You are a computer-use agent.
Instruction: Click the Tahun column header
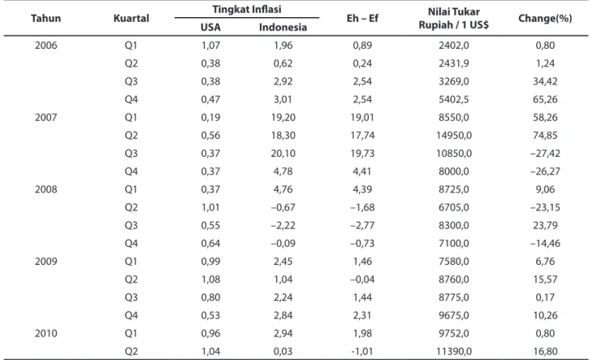point(45,18)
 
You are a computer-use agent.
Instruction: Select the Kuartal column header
point(131,18)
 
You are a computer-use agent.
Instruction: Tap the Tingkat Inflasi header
point(247,9)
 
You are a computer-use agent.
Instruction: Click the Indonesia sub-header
point(283,27)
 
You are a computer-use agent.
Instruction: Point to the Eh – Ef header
point(362,18)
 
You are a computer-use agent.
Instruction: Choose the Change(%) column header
point(545,18)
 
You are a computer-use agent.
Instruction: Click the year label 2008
point(46,189)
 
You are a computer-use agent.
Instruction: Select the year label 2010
point(46,333)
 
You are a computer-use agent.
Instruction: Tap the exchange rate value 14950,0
point(454,135)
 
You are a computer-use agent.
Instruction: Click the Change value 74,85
point(545,135)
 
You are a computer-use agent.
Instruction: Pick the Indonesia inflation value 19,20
point(283,117)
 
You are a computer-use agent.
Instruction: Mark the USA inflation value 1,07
point(210,46)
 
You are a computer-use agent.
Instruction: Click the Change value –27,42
point(545,154)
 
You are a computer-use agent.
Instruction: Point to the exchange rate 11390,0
point(454,351)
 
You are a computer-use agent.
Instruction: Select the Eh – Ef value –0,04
point(362,280)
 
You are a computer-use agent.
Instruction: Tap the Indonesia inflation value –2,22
point(283,225)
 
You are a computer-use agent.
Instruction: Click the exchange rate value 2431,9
point(454,63)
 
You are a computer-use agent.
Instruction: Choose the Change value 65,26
point(545,99)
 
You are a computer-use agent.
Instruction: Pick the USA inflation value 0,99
point(210,261)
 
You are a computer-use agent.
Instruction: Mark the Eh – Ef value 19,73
point(362,154)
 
